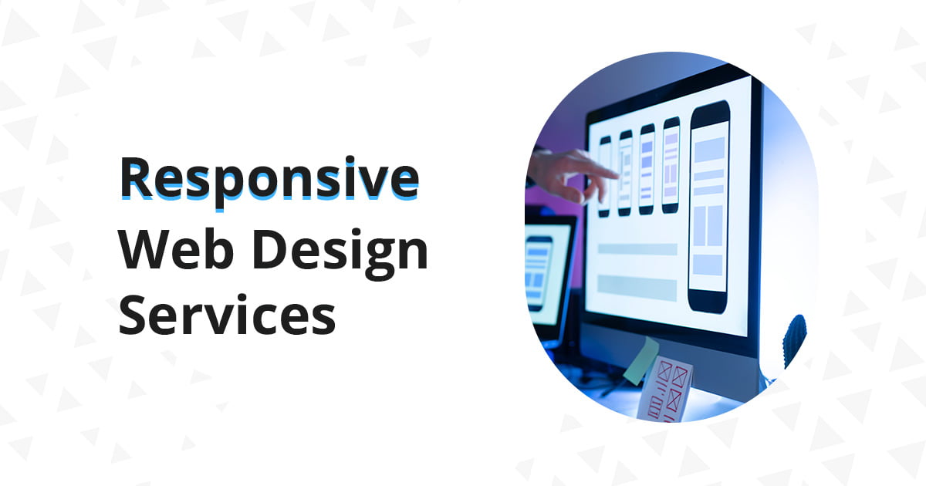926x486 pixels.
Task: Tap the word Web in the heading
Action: coord(177,250)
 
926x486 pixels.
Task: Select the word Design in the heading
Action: coord(340,253)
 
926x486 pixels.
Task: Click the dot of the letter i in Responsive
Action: coord(350,160)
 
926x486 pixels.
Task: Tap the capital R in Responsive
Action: coord(137,177)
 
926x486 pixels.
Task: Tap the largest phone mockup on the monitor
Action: coord(708,207)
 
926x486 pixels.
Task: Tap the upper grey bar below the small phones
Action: coord(637,249)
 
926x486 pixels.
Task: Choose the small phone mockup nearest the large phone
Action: coord(671,165)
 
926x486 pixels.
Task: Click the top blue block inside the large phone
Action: coord(709,150)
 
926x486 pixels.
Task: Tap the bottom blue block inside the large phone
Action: coord(708,265)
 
